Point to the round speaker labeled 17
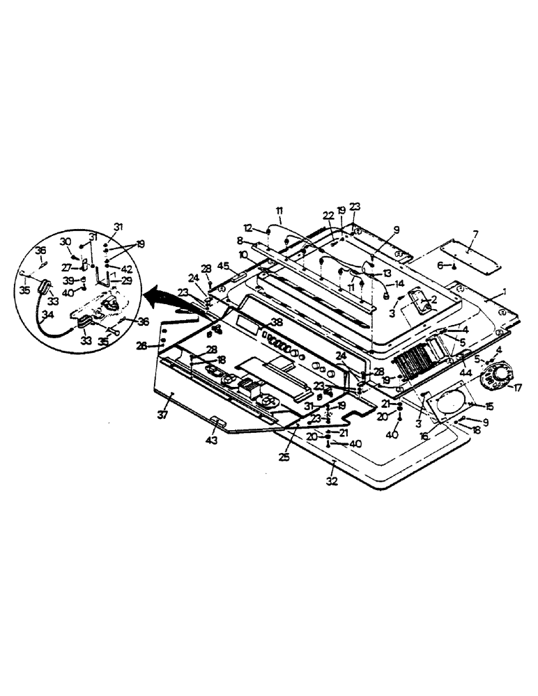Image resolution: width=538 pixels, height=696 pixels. click(499, 376)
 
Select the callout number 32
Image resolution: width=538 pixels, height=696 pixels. click(332, 481)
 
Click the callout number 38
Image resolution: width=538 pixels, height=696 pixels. click(277, 322)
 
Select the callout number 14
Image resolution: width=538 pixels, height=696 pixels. click(399, 283)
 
